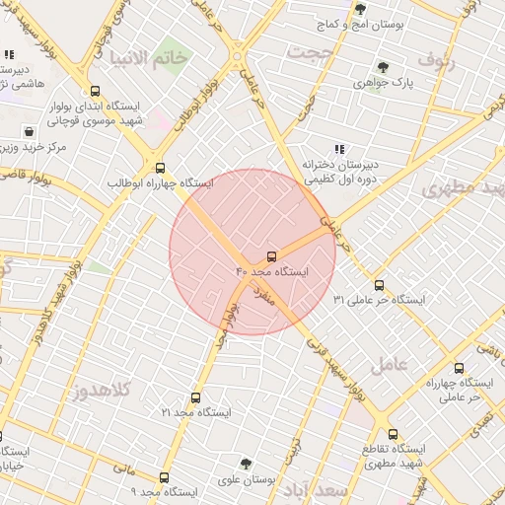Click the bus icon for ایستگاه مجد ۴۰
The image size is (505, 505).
(x=272, y=256)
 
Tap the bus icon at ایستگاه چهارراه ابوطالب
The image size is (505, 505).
(x=160, y=168)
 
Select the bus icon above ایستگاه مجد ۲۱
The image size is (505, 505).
(x=194, y=398)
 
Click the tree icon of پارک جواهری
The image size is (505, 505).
(x=383, y=67)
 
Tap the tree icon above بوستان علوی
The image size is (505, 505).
(x=246, y=464)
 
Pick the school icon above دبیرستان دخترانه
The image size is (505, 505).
(x=340, y=149)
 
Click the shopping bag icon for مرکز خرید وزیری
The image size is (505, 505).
(x=31, y=131)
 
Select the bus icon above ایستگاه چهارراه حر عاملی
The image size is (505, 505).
(x=459, y=368)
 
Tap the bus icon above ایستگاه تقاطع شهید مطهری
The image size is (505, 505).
(x=393, y=434)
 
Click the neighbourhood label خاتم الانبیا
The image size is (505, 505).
(x=149, y=57)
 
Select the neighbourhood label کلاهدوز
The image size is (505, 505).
(x=102, y=391)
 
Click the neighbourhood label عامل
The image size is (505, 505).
(x=388, y=365)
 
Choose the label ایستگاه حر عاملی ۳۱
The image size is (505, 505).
(x=380, y=298)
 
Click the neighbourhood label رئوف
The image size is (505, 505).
(x=439, y=59)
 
